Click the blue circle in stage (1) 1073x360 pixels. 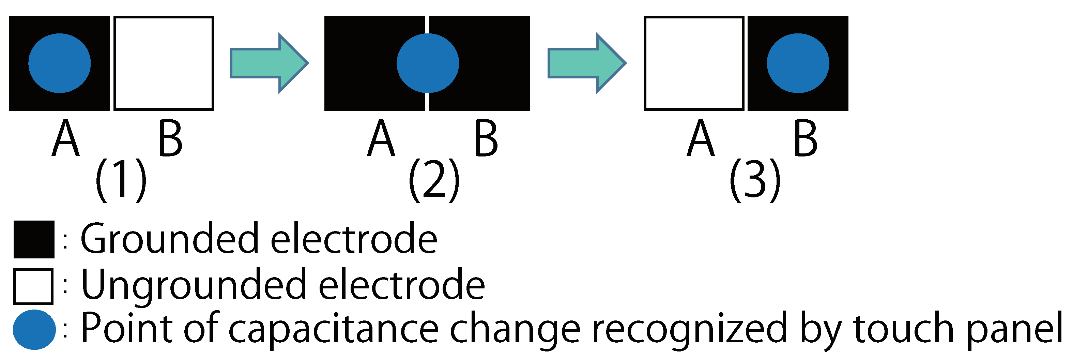point(60,63)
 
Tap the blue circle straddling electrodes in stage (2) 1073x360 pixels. point(427,63)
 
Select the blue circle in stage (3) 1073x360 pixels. point(798,63)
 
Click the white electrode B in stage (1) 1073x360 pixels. point(164,63)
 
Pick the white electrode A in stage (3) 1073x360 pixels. point(694,63)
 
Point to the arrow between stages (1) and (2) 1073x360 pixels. point(269,63)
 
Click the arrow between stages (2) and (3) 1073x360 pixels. point(586,63)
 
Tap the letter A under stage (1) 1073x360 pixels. point(65,139)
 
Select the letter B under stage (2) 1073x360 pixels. point(486,139)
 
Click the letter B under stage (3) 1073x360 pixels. point(806,139)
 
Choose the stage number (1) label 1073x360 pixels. point(121,180)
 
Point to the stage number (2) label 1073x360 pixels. point(434,180)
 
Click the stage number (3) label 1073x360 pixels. point(755,180)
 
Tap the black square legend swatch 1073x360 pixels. point(34,239)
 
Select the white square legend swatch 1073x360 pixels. point(33,286)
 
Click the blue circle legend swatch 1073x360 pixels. point(34,329)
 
